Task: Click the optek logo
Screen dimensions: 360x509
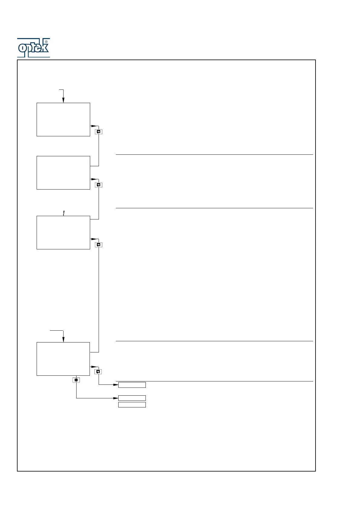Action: pyautogui.click(x=33, y=48)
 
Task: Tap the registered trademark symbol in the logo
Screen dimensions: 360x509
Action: pyautogui.click(x=46, y=42)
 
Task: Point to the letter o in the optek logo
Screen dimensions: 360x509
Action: pyautogui.click(x=22, y=48)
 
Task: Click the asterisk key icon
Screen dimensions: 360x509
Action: pyautogui.click(x=76, y=380)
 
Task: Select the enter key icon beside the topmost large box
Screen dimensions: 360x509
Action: pyautogui.click(x=98, y=132)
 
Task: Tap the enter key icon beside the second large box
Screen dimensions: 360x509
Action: pyautogui.click(x=98, y=185)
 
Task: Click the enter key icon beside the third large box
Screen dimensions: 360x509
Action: pyautogui.click(x=98, y=245)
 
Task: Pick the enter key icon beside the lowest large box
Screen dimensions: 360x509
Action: pyautogui.click(x=98, y=372)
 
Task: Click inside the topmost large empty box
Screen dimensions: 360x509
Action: pyautogui.click(x=63, y=119)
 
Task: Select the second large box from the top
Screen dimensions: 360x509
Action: pyautogui.click(x=63, y=173)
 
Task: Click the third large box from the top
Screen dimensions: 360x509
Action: pyautogui.click(x=63, y=232)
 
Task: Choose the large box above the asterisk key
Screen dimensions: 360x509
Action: pyautogui.click(x=63, y=359)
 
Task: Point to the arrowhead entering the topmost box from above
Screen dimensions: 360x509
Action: pyautogui.click(x=63, y=101)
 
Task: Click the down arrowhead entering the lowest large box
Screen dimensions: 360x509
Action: pyautogui.click(x=63, y=340)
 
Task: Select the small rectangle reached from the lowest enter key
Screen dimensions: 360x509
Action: pyautogui.click(x=132, y=385)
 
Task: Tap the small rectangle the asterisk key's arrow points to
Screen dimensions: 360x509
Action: pyautogui.click(x=132, y=398)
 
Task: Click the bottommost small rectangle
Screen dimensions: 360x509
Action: pyautogui.click(x=132, y=405)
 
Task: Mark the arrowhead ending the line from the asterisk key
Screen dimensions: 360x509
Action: pyautogui.click(x=116, y=398)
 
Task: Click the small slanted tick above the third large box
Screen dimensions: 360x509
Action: pyautogui.click(x=64, y=213)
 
